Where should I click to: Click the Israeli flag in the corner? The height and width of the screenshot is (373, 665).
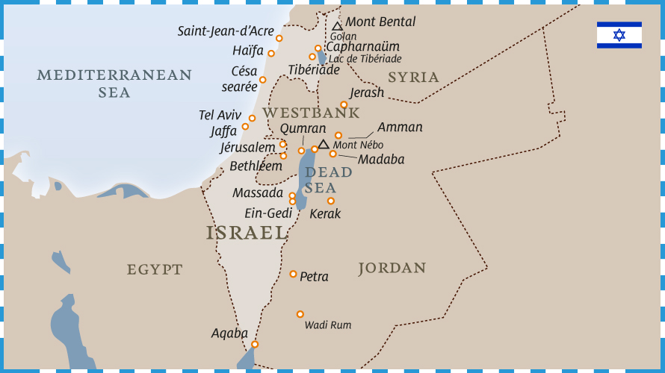(619, 35)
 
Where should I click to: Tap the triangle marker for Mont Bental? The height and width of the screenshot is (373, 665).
(337, 27)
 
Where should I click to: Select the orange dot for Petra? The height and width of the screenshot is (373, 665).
(293, 274)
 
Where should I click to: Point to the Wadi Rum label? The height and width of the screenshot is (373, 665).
(327, 325)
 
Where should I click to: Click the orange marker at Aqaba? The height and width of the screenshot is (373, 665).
(255, 344)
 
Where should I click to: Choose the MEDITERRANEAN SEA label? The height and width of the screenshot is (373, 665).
(114, 84)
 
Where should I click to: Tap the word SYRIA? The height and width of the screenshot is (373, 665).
(413, 77)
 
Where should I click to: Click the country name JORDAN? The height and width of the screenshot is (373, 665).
(392, 269)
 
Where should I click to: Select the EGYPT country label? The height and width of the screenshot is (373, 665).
(155, 269)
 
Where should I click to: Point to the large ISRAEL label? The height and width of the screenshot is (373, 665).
(247, 233)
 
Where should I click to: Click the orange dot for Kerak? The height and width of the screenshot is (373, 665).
(330, 201)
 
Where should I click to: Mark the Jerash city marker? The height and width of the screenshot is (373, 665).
(344, 104)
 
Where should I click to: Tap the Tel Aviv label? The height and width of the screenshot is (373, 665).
(220, 115)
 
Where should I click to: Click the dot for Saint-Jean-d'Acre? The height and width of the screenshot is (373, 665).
(279, 38)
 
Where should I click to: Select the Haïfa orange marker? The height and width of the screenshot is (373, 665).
(271, 53)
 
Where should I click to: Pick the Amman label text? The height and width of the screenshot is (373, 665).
(400, 127)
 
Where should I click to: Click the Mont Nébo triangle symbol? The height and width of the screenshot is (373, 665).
(324, 145)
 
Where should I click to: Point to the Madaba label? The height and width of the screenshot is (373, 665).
(381, 160)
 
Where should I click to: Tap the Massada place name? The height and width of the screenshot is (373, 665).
(258, 193)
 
